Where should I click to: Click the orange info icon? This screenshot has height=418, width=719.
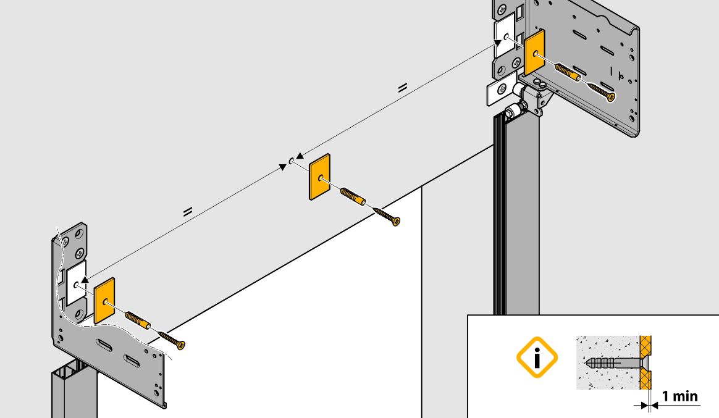coord(537,357)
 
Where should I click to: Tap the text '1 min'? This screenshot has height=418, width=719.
coord(679,396)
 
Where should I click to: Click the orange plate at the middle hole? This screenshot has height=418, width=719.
coord(319,177)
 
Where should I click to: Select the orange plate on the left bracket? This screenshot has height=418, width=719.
coord(104,301)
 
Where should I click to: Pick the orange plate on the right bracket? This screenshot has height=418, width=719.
coord(535,52)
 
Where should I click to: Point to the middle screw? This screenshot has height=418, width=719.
coord(387,216)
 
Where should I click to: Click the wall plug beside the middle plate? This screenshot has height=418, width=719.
coord(353,196)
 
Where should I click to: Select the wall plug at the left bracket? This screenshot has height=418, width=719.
coord(138,320)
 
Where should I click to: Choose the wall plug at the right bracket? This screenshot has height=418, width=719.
coord(568,72)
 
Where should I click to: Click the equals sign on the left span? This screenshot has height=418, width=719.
coord(188,212)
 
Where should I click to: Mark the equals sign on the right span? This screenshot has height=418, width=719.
coord(403,88)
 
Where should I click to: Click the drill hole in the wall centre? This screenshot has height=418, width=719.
coord(291,161)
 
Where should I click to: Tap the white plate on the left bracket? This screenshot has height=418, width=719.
coord(76,283)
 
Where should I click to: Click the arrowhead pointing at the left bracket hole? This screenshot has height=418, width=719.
coord(85,279)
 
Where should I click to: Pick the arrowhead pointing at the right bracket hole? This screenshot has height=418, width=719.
coord(497,43)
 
